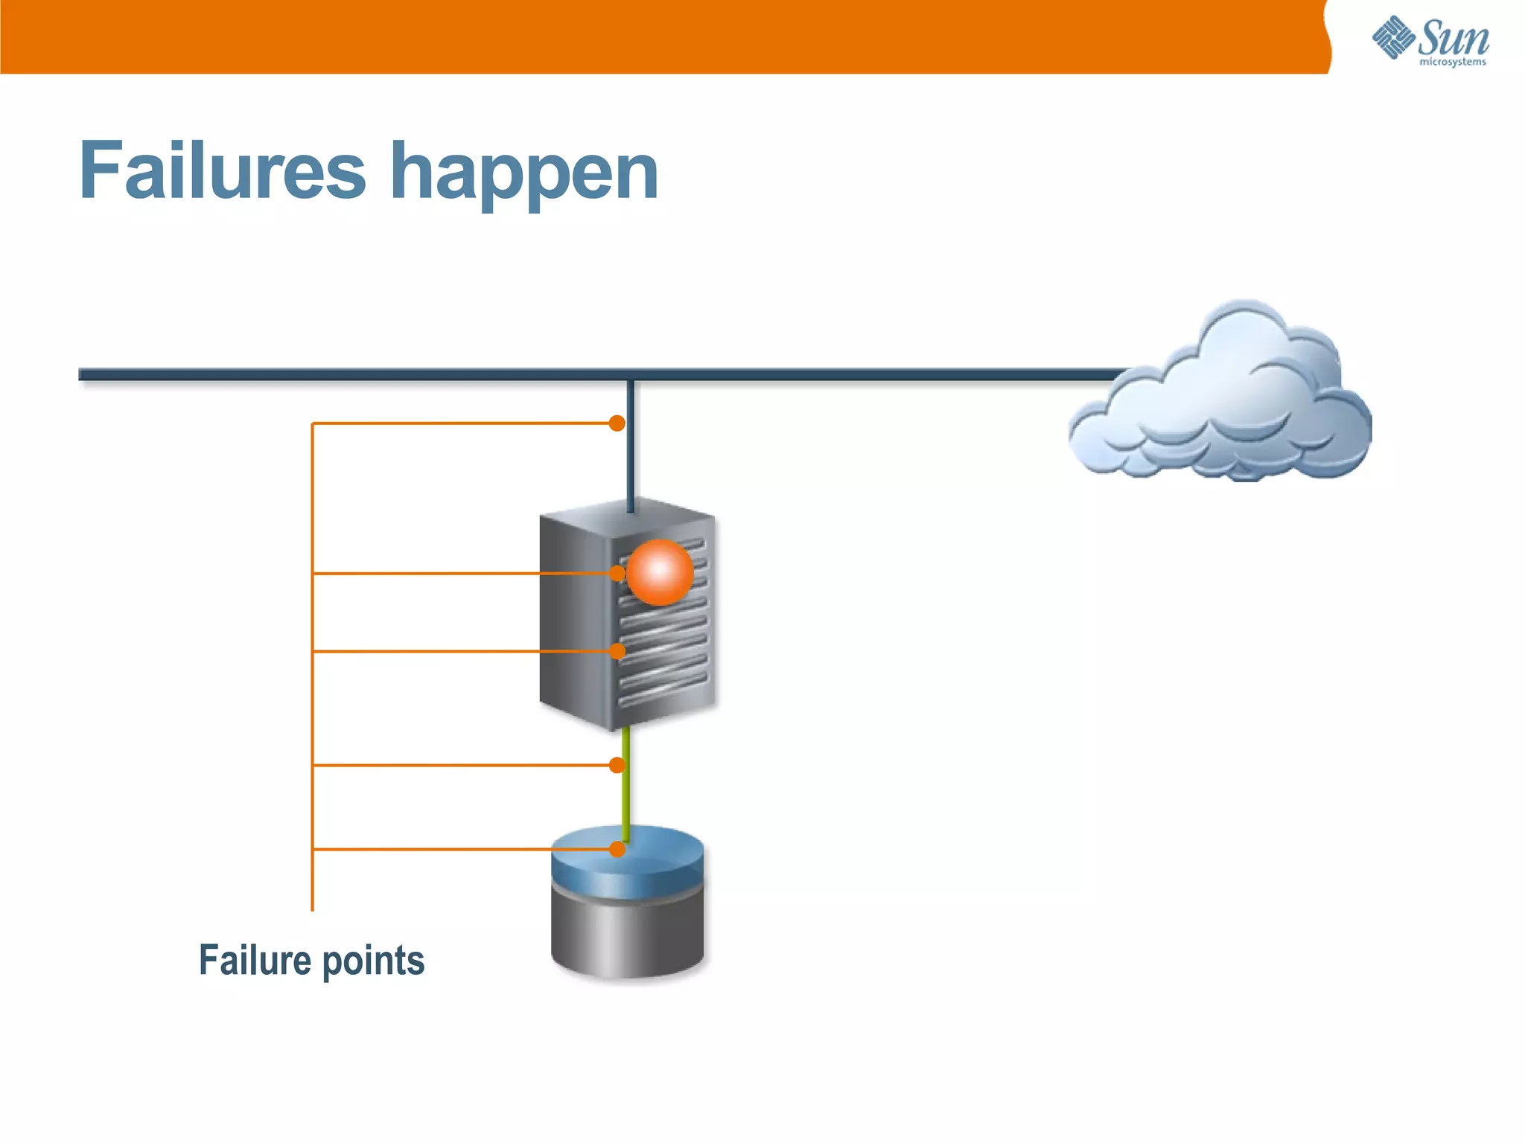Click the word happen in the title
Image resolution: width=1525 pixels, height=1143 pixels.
coord(524,175)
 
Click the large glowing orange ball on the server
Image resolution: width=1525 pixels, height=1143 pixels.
coord(660,571)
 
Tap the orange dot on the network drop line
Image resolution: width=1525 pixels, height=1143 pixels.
coord(617,423)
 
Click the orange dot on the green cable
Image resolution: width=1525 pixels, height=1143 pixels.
coord(617,765)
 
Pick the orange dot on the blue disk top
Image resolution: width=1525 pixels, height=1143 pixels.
coord(617,849)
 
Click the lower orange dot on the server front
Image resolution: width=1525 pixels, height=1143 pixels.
coord(617,651)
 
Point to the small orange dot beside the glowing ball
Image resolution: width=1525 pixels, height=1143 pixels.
coord(617,573)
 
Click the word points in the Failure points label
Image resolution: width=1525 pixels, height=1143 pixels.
coord(373,961)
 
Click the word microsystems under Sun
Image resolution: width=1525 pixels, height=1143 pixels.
coord(1452,62)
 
